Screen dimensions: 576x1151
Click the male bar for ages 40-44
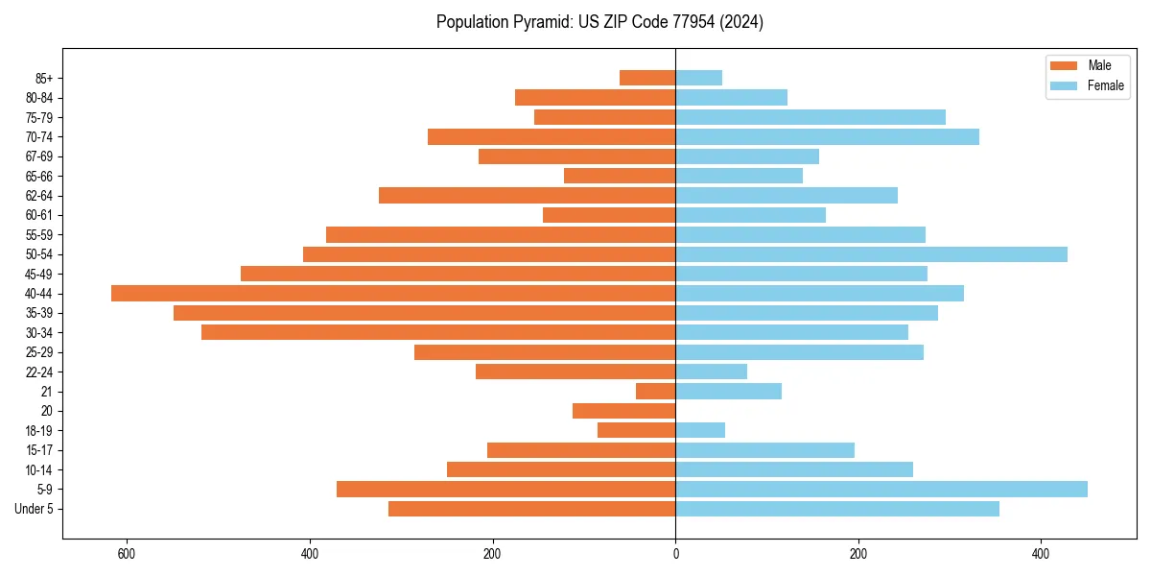[x=393, y=294]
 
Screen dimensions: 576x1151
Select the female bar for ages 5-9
[x=881, y=490]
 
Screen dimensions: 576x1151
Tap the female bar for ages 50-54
[x=871, y=254]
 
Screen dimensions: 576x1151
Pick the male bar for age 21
[x=655, y=392]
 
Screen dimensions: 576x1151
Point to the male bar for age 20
[x=623, y=411]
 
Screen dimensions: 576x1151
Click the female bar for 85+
[x=698, y=78]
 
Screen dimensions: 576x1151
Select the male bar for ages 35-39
[x=424, y=313]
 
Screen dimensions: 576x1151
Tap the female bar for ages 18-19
[x=700, y=431]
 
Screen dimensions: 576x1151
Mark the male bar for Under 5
[x=531, y=509]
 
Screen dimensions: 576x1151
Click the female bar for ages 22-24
[x=711, y=372]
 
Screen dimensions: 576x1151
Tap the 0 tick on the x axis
[x=675, y=554]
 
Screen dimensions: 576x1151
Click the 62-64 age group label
[x=39, y=196]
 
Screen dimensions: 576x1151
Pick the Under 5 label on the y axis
[x=35, y=509]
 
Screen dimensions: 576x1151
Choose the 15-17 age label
[x=39, y=450]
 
